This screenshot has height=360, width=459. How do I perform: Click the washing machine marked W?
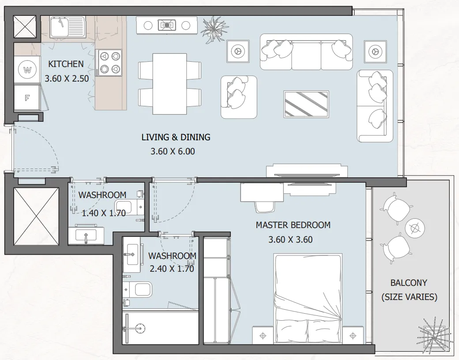click(27, 70)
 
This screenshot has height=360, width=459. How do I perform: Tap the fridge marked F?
click(26, 98)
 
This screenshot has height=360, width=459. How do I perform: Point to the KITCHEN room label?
click(66, 64)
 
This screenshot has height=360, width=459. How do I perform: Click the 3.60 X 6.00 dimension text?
click(173, 151)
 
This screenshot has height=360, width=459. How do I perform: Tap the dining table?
click(169, 84)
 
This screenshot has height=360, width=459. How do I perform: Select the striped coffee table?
click(306, 104)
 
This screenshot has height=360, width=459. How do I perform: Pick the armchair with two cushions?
click(239, 97)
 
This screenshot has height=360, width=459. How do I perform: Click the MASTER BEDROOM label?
click(293, 225)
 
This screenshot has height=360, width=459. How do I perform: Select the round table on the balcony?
click(415, 227)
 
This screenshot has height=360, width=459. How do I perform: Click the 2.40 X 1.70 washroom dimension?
click(172, 268)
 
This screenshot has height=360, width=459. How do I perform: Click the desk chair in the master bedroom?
click(264, 207)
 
